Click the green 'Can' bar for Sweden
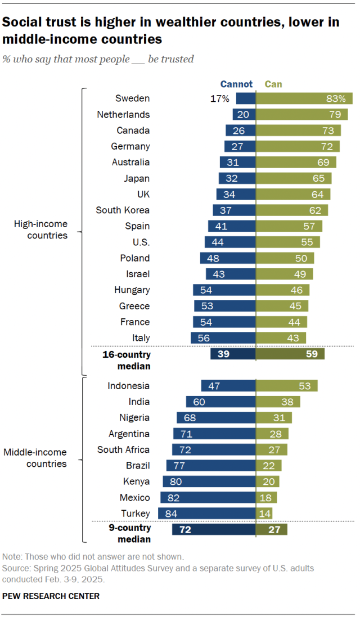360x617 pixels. pos(304,98)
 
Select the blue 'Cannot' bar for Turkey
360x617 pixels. pos(206,514)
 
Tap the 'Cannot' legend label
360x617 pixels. pos(236,84)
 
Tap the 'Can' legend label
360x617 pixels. pos(273,84)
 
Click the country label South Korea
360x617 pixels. pos(123,210)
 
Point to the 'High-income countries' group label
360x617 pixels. pos(40,230)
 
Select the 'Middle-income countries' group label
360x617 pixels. pos(35,458)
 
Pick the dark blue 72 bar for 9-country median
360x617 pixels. pos(214,529)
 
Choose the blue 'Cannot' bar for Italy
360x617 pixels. pos(223,337)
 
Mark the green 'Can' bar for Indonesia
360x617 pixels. pos(287,386)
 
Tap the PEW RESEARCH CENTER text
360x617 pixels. pos(51,596)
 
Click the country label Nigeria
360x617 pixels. pos(134,417)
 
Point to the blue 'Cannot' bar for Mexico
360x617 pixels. pos(208,498)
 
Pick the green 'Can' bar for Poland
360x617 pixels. pos(285,258)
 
